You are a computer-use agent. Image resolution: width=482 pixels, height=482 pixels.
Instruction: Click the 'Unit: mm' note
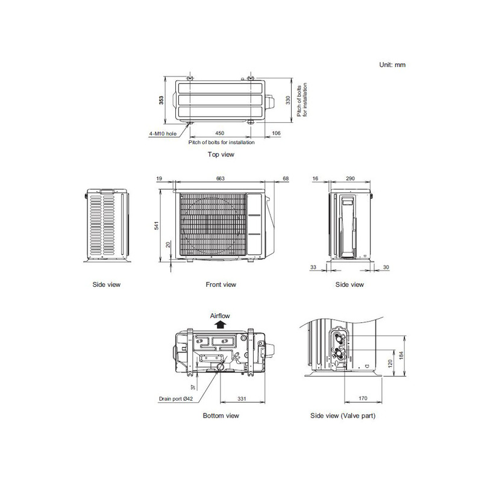392,64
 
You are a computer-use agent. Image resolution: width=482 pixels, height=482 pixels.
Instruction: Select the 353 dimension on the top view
161,101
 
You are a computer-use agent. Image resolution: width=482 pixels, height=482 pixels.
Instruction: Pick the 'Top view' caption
221,154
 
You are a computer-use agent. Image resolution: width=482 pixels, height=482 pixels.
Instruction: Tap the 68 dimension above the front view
285,178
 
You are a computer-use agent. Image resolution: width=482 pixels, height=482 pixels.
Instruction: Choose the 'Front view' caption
221,284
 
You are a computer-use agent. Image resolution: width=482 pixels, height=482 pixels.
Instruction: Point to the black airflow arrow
221,324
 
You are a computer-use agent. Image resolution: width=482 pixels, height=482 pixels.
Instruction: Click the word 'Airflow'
221,315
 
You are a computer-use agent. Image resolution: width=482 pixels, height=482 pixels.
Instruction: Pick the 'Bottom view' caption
221,416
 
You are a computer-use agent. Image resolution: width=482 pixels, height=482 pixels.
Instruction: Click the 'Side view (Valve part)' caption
340,416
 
